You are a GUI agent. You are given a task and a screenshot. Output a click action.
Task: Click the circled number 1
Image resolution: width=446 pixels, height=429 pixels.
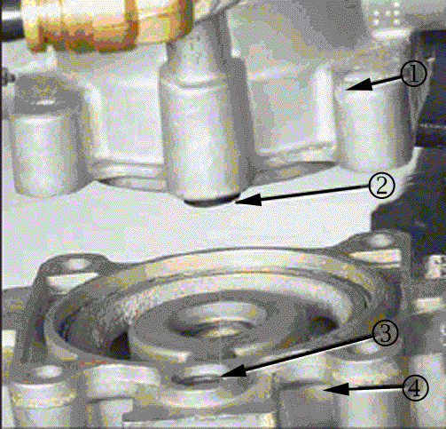(x=414, y=74)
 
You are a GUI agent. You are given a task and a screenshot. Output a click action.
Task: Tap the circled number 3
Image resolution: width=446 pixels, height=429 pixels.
(x=385, y=334)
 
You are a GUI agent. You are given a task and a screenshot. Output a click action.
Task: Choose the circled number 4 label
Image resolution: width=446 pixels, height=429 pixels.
(x=415, y=388)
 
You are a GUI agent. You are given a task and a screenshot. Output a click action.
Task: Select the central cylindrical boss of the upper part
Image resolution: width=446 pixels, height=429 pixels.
(x=202, y=139)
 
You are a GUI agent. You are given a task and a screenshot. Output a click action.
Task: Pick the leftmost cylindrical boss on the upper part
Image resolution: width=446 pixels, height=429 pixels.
(x=43, y=148)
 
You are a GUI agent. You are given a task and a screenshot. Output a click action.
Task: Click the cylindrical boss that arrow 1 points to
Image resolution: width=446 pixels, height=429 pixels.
(x=371, y=124)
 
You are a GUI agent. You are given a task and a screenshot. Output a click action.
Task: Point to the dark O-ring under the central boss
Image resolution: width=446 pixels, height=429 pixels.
(x=211, y=202)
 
